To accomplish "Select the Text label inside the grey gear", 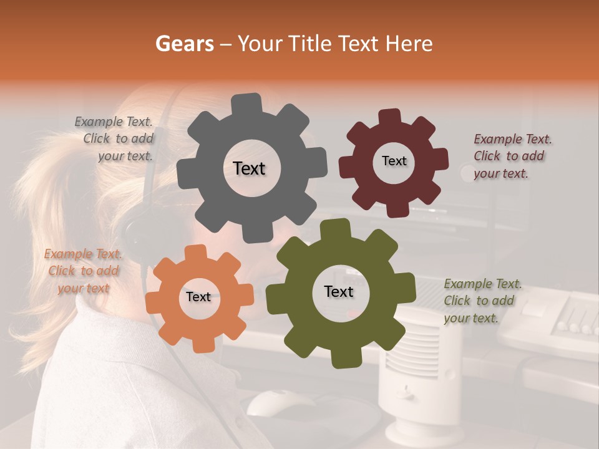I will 249,168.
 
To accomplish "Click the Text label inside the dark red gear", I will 394,161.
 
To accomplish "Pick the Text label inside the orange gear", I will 198,297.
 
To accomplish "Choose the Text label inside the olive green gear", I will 339,292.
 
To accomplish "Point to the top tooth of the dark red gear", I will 389,117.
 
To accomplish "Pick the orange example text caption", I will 83,271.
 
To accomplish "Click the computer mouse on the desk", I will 275,403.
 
